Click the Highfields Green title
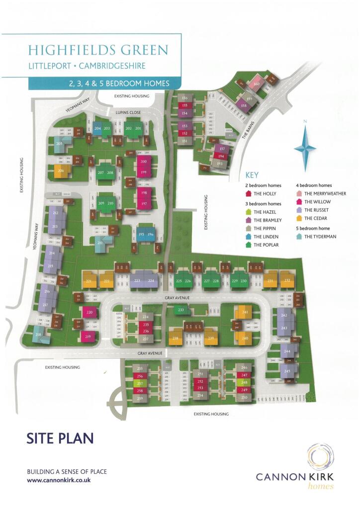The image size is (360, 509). (x=98, y=50)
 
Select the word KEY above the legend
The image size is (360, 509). (x=254, y=175)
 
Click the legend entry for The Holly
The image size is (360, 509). (x=265, y=193)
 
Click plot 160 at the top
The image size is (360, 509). (x=257, y=84)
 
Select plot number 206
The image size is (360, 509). (x=61, y=171)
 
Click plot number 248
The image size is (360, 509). (x=244, y=383)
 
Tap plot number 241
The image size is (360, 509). (x=245, y=313)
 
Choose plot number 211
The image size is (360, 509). (x=101, y=243)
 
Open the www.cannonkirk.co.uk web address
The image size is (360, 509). (x=58, y=480)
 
